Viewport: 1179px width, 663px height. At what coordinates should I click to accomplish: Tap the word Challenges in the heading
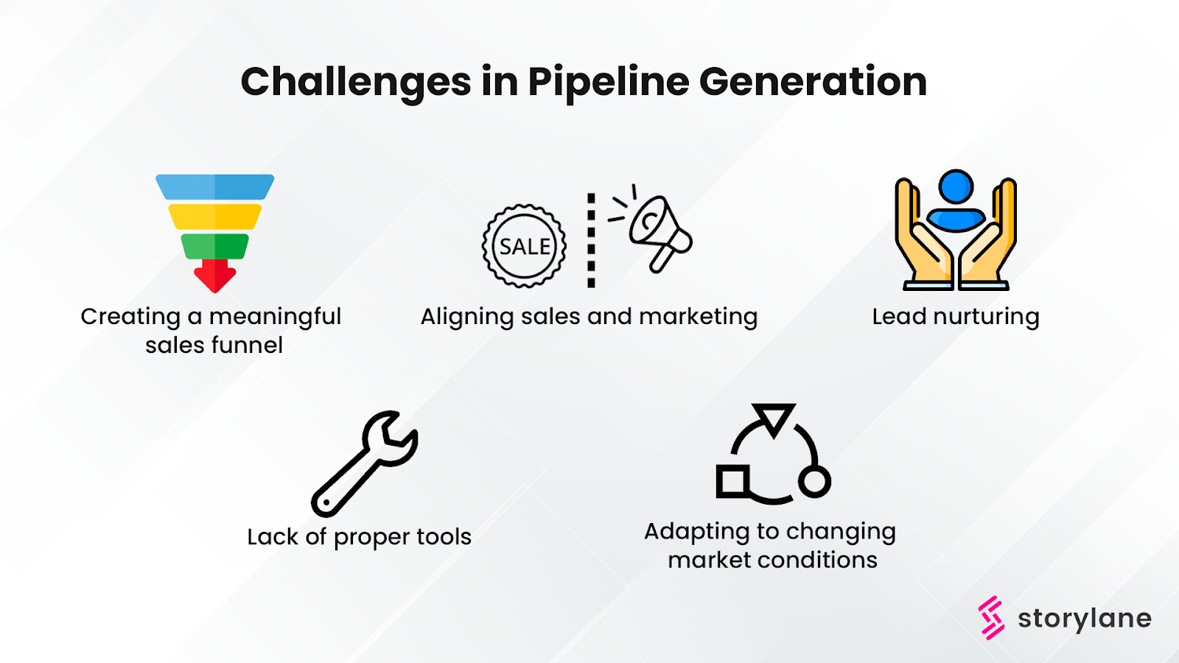pyautogui.click(x=355, y=83)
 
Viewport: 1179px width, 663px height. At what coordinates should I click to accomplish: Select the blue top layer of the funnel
pyautogui.click(x=214, y=187)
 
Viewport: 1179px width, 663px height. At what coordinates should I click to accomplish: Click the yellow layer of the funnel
pyautogui.click(x=214, y=217)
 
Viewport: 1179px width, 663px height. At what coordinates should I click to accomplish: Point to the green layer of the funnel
pyautogui.click(x=214, y=246)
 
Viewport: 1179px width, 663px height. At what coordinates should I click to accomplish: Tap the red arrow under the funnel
pyautogui.click(x=214, y=276)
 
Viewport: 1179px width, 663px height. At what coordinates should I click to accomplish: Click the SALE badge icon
pyautogui.click(x=524, y=246)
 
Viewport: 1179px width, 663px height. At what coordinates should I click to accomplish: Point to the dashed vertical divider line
pyautogui.click(x=591, y=240)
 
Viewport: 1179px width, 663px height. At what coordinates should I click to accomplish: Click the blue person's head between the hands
pyautogui.click(x=956, y=186)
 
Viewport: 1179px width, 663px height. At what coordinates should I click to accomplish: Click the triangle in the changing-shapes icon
pyautogui.click(x=774, y=418)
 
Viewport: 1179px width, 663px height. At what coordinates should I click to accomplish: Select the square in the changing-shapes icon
pyautogui.click(x=732, y=482)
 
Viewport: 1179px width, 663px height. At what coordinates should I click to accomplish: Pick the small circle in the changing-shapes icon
pyautogui.click(x=814, y=482)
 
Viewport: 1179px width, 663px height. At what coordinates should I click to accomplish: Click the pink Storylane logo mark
pyautogui.click(x=991, y=617)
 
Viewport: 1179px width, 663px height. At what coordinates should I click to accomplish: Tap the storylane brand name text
pyautogui.click(x=1084, y=619)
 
